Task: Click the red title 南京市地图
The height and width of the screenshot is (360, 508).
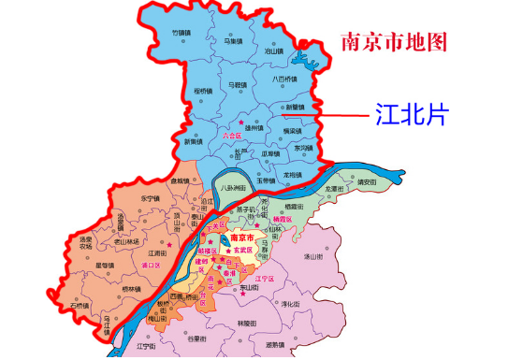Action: pyautogui.click(x=394, y=41)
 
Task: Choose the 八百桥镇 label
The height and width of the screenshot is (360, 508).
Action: pyautogui.click(x=283, y=79)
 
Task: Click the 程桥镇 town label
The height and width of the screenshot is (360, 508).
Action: pyautogui.click(x=205, y=91)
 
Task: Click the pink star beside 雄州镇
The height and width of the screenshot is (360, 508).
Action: pyautogui.click(x=241, y=122)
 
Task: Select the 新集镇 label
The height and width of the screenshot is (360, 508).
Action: pyautogui.click(x=193, y=142)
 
